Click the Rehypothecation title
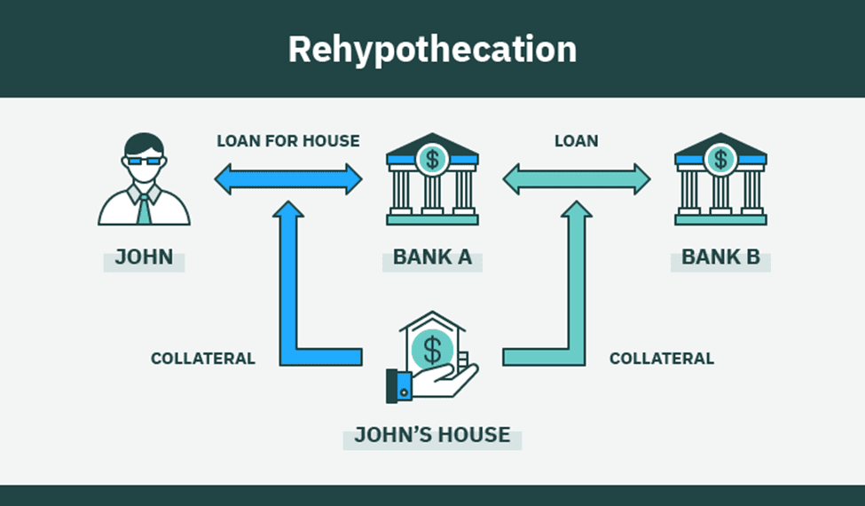432,50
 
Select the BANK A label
432,258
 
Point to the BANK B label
720,258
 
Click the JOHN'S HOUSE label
432,435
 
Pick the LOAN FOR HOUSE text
288,140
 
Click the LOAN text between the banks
576,140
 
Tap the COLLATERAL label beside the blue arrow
203,359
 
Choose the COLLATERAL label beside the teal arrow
662,359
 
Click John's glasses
144,162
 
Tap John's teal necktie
144,208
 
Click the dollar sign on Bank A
432,160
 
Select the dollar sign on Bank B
720,160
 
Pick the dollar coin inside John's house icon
432,349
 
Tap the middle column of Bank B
720,193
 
